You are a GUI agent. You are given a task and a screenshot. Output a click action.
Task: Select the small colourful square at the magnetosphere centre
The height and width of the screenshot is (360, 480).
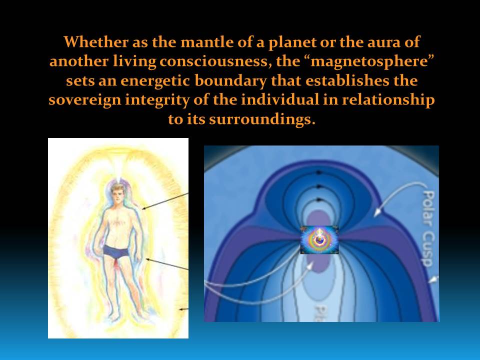[x=319, y=239]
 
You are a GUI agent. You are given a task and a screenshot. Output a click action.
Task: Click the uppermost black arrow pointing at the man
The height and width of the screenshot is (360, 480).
[x=165, y=200]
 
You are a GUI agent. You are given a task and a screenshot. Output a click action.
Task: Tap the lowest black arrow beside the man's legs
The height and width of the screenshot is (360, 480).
[x=183, y=309]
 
